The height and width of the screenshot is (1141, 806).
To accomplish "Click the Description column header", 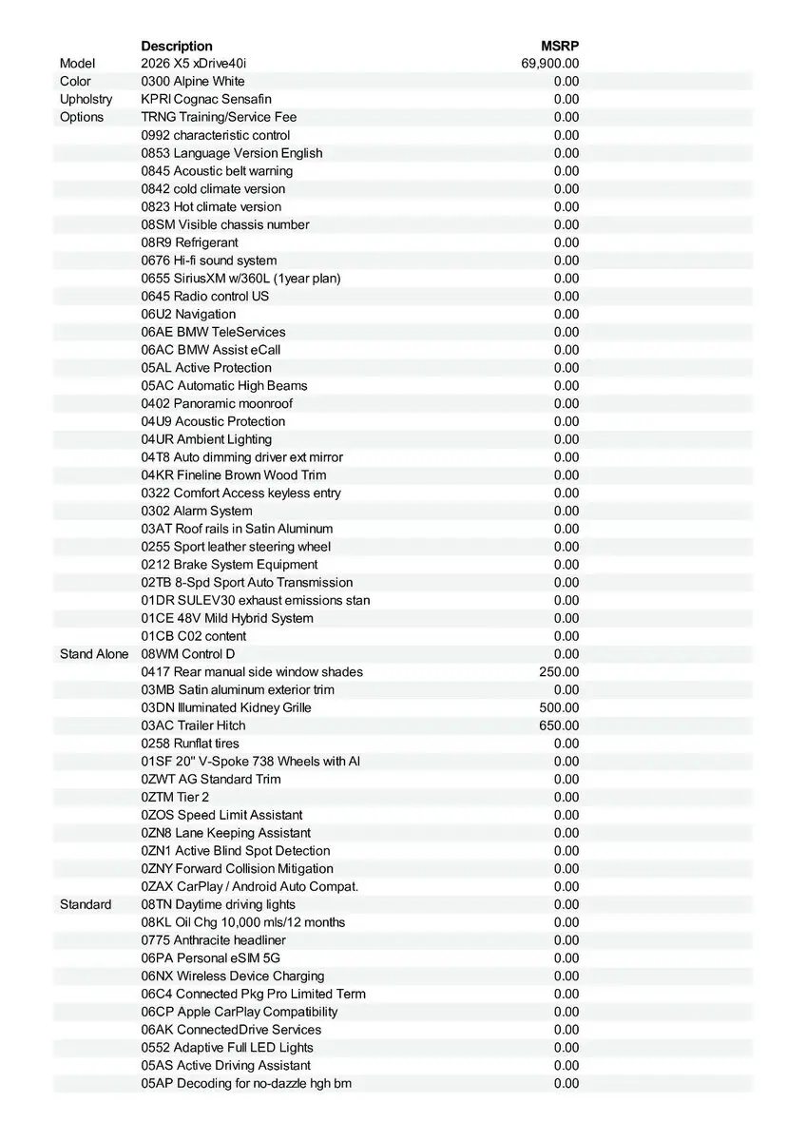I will pos(177,46).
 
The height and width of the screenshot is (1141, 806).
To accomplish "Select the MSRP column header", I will pos(560,46).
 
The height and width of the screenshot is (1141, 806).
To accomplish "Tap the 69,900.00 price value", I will pos(550,64).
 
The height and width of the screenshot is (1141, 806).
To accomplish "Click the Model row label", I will pos(77,64).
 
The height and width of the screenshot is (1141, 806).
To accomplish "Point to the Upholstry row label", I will pos(86,99).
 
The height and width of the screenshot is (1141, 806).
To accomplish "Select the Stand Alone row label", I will pos(94,654).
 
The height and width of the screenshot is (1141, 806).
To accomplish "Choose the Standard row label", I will pos(86,904).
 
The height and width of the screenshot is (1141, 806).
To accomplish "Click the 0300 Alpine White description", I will pos(193,82).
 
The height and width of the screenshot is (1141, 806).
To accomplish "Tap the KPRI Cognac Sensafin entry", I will pos(206,99).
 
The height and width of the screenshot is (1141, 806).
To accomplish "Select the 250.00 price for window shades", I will pos(559,672).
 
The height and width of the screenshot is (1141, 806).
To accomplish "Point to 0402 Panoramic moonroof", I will pos(217,403).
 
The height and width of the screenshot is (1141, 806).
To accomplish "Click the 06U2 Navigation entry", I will pos(188,314).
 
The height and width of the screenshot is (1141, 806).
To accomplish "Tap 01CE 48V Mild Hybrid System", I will pos(227,618).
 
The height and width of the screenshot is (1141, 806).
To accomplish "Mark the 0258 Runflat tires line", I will pos(190,744).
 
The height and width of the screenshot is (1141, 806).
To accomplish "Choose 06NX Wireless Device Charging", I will pos(233,976).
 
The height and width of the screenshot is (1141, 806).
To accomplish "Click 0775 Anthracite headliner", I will pos(214,940).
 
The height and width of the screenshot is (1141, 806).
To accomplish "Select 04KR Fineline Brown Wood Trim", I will pos(234,474).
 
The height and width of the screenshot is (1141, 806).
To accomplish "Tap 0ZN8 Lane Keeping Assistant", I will pos(226,833).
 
